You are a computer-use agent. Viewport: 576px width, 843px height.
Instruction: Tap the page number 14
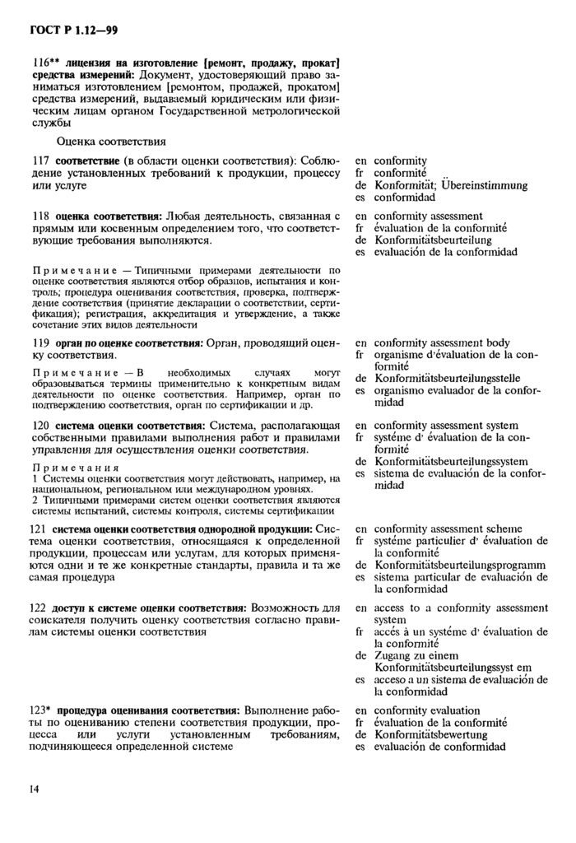(x=35, y=789)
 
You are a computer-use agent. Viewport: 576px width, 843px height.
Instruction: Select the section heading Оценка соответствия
(x=111, y=142)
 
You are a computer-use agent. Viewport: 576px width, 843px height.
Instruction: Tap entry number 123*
(x=44, y=710)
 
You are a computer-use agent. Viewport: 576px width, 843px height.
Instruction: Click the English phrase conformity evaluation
(x=426, y=710)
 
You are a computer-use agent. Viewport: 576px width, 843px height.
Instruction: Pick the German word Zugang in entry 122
(x=393, y=655)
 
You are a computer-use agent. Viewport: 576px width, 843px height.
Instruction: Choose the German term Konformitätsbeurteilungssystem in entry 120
(x=451, y=462)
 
